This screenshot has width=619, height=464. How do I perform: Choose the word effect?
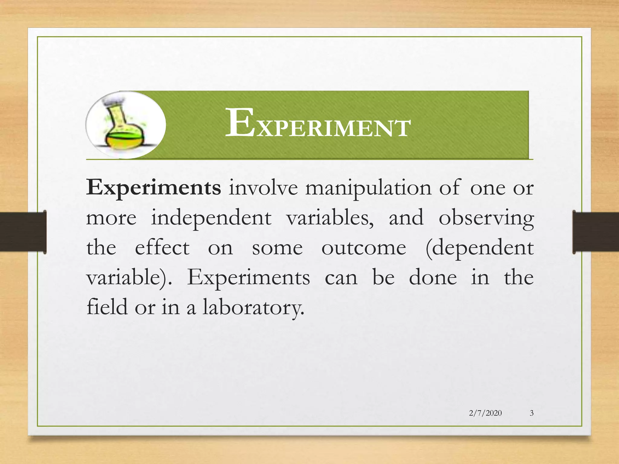pos(162,248)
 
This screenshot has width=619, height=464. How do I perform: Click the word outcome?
pos(364,248)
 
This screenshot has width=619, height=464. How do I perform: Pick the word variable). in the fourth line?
pos(129,278)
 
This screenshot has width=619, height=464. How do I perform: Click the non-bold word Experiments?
pos(248,278)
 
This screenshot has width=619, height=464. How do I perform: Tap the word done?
pos(433,278)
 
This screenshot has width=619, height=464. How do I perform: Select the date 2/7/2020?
pos(485,413)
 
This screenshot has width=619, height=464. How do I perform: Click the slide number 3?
pos(532,413)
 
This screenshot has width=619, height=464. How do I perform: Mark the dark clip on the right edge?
pos(595,232)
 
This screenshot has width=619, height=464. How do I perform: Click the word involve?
pos(263,188)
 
